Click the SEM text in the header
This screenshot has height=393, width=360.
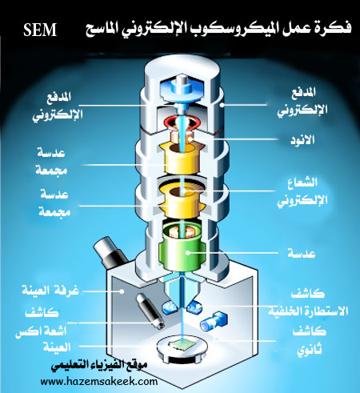pos(40,30)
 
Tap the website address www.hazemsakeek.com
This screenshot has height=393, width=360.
pos(99,381)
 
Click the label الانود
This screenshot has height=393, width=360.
pos(302,140)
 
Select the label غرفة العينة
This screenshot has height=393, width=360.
pos(50,290)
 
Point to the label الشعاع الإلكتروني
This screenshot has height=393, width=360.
pos(302,191)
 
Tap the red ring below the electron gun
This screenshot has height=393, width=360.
pos(183,122)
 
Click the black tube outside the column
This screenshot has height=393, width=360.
pos(110,252)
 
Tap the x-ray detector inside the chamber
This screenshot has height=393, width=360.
pos(150,311)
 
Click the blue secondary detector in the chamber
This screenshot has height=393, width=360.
pos(214,321)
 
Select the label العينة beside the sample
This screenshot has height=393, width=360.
pos(57,347)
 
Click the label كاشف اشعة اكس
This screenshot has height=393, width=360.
pos(42,322)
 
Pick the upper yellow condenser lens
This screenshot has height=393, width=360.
pos(181,157)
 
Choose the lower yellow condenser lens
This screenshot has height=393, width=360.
pos(181,202)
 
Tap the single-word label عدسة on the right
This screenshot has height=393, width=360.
pos(302,253)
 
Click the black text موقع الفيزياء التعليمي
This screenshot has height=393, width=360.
pos(98,365)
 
